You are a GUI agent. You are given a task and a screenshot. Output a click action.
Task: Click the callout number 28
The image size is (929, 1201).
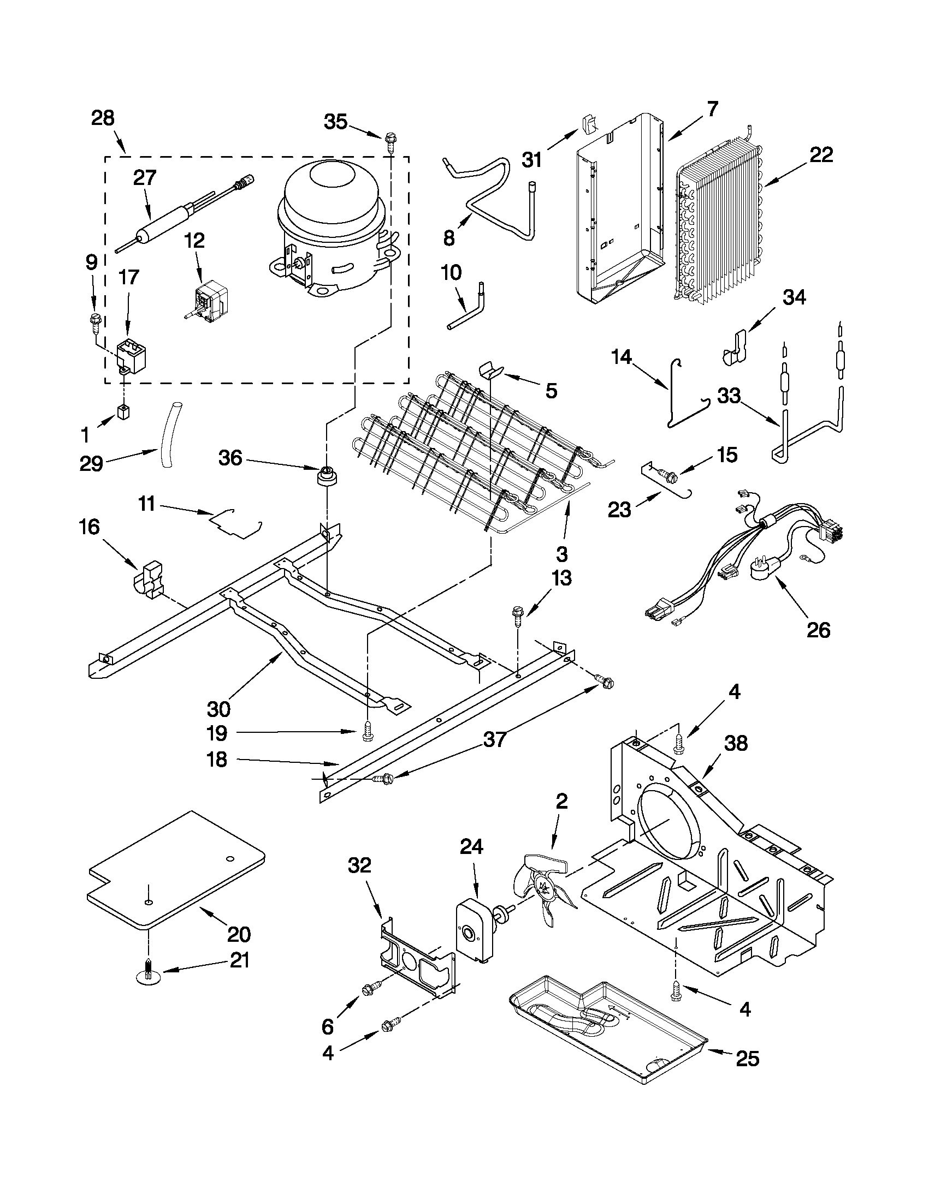point(103,118)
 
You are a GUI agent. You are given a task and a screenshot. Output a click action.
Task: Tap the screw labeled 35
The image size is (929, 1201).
point(391,141)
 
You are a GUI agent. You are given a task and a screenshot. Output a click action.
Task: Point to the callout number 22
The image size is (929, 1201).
point(820,154)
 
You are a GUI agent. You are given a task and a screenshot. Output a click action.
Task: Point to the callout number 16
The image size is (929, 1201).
point(89,527)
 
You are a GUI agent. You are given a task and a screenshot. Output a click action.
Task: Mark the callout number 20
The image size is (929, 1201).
point(239,933)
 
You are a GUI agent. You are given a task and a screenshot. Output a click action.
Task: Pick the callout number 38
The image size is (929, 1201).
point(736,744)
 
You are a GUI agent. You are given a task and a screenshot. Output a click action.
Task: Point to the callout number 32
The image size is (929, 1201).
point(359,865)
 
